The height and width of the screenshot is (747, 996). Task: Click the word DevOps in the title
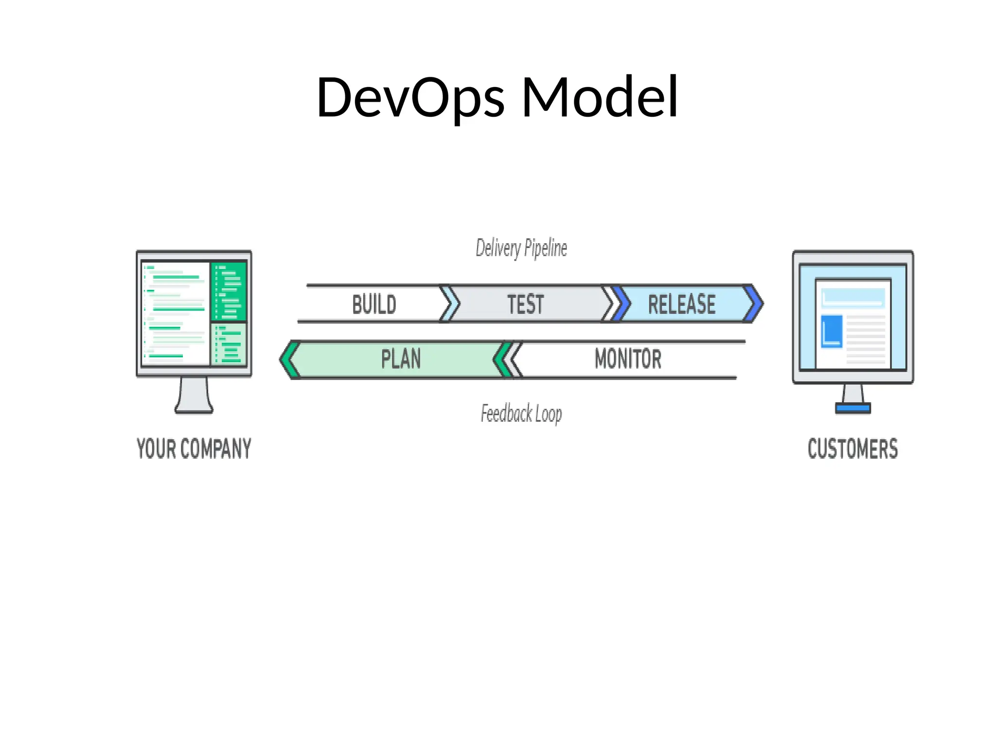[410, 98]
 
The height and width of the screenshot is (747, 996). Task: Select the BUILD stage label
[374, 304]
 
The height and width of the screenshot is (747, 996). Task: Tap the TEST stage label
[525, 304]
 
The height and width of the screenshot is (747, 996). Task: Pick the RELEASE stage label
[681, 304]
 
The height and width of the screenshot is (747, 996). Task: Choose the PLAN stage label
[401, 359]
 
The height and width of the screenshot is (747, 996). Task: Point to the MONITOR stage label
[628, 359]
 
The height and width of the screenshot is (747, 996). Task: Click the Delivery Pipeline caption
[521, 249]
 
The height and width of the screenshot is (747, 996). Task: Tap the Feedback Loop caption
[521, 414]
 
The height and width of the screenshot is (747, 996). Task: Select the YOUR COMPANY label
[194, 448]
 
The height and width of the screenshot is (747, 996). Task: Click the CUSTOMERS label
[853, 448]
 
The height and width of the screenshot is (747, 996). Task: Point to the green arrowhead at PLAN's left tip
[289, 360]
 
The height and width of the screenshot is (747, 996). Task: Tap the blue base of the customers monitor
[853, 409]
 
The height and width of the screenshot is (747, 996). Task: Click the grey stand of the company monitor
[194, 395]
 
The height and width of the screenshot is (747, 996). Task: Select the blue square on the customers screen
[832, 331]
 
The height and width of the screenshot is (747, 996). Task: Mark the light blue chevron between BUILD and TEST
[452, 304]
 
